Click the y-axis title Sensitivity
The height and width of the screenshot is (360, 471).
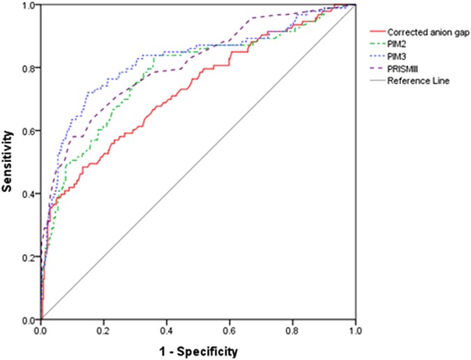pyautogui.click(x=9, y=163)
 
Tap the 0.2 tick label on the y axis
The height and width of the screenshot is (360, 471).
pyautogui.click(x=28, y=257)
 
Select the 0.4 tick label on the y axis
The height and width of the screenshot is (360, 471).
pyautogui.click(x=28, y=194)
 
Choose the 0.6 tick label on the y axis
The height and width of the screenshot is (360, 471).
pyautogui.click(x=28, y=131)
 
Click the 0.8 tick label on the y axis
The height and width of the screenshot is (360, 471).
pyautogui.click(x=28, y=68)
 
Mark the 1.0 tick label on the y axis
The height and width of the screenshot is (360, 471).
pyautogui.click(x=28, y=6)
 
